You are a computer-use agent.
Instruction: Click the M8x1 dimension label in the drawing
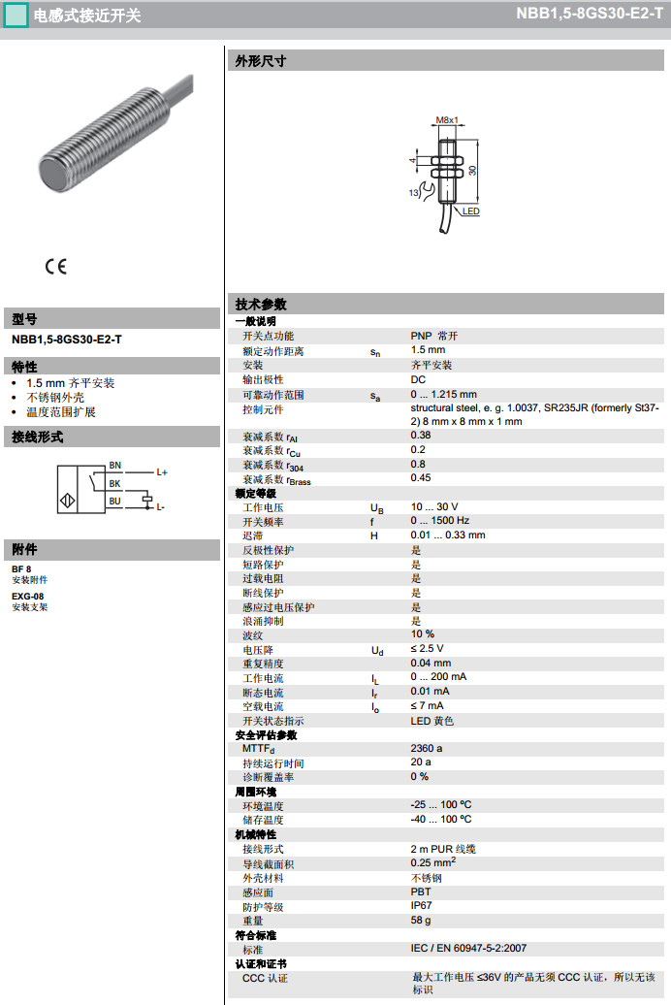point(446,119)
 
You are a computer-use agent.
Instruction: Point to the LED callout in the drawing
point(470,211)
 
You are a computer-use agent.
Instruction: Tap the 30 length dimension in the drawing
point(473,171)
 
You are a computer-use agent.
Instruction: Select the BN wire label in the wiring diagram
point(114,467)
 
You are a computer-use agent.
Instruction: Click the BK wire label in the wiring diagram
point(114,483)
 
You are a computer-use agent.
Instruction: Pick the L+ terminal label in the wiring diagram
point(162,472)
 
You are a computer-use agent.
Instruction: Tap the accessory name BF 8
point(21,569)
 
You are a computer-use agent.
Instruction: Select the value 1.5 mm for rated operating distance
point(428,350)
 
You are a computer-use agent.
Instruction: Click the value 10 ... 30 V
point(433,506)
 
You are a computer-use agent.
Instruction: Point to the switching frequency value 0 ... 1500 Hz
point(439,521)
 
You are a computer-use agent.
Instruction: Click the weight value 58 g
point(421,920)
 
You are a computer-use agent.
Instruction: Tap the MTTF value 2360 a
point(427,748)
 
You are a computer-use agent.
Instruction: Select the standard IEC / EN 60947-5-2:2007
point(468,948)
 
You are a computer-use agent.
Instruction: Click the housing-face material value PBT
point(421,892)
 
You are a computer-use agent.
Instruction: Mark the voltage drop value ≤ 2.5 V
point(427,648)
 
